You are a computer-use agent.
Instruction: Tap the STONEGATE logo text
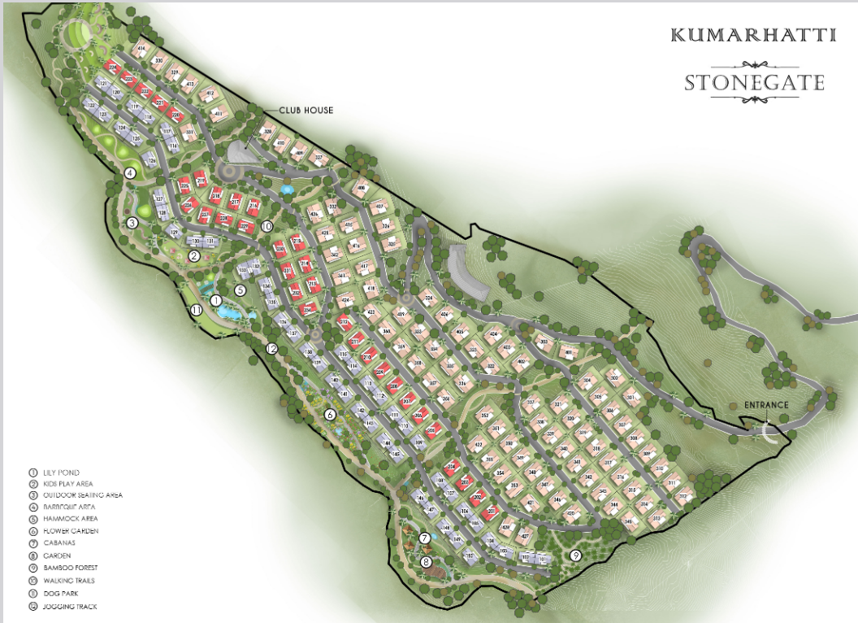754,82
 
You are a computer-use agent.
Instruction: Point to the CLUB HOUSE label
306,110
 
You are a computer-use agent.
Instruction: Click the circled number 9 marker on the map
576,556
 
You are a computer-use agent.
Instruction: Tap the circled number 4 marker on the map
129,172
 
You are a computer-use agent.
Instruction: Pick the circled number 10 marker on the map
266,226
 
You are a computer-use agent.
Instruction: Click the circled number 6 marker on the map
330,415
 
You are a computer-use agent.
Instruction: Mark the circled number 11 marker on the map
196,310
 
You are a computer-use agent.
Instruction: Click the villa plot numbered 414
142,50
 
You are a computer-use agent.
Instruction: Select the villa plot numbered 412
210,94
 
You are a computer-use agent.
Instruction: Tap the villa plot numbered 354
500,474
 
